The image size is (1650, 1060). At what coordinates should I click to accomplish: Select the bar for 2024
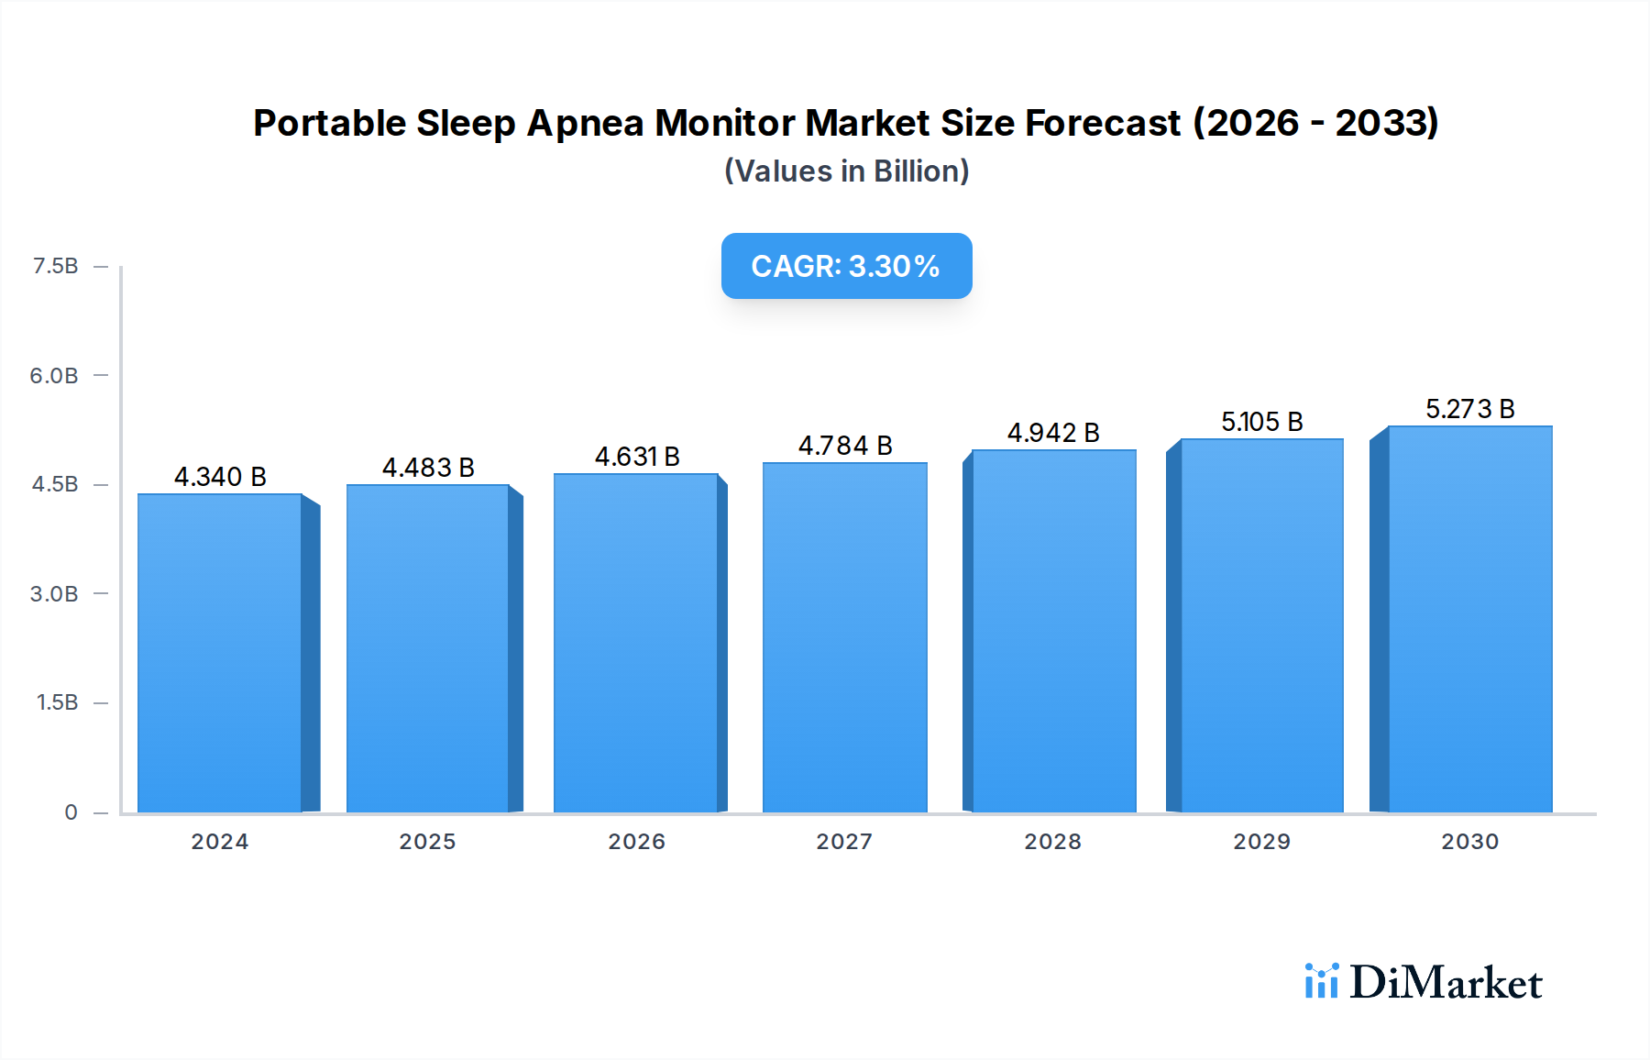coord(220,653)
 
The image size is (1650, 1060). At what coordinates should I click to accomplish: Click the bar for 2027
coord(844,637)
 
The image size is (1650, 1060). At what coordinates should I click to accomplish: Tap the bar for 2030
coord(1469,619)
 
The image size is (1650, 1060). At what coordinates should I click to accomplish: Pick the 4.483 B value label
coord(428,468)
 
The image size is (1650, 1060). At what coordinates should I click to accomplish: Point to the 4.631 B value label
coord(637,457)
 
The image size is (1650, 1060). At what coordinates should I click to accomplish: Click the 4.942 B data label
coord(1053,433)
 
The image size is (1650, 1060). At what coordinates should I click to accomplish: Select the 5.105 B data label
coord(1261,422)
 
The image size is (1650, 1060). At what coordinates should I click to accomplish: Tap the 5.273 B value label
coord(1469,409)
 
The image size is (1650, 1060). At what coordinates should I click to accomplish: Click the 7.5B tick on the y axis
coord(55,266)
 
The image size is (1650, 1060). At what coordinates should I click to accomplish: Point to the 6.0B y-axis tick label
coord(54,375)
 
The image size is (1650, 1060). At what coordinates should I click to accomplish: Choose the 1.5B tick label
coord(57,702)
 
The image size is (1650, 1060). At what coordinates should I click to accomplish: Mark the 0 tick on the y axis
coord(71,812)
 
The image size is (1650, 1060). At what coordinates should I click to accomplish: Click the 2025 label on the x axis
coord(427,842)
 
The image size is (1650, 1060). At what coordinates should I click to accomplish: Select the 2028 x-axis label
coord(1052,842)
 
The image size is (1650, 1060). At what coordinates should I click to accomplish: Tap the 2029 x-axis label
coord(1261,842)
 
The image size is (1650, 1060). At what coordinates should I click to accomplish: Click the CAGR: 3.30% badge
coord(846,266)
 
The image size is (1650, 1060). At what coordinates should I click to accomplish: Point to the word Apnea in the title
coord(585,123)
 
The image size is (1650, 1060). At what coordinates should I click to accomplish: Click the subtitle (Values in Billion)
coord(846,171)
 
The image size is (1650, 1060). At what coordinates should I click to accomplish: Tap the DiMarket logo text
coord(1446,982)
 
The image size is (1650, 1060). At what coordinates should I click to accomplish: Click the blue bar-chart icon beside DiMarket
coord(1321,981)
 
